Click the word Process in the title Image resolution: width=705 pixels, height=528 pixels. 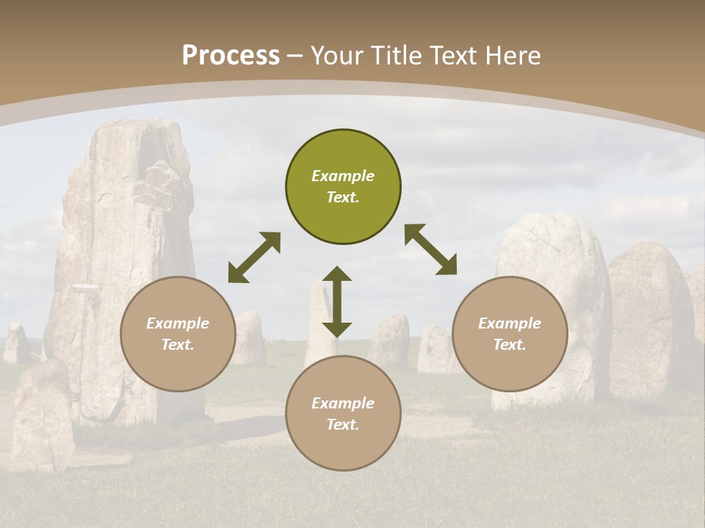(231, 56)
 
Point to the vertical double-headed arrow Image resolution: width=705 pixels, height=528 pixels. (337, 301)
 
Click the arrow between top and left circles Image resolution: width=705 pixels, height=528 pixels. (254, 257)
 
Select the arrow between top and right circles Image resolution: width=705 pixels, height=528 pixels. (430, 249)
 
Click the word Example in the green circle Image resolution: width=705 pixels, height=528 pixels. (343, 176)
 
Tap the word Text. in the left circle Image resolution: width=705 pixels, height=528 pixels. (178, 345)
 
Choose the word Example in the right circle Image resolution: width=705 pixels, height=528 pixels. (510, 323)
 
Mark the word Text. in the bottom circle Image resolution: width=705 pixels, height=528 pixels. (343, 425)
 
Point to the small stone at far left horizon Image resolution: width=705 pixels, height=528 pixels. (15, 342)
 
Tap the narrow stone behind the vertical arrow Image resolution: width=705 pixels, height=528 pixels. (319, 323)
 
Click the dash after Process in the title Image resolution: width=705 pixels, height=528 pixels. (295, 56)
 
